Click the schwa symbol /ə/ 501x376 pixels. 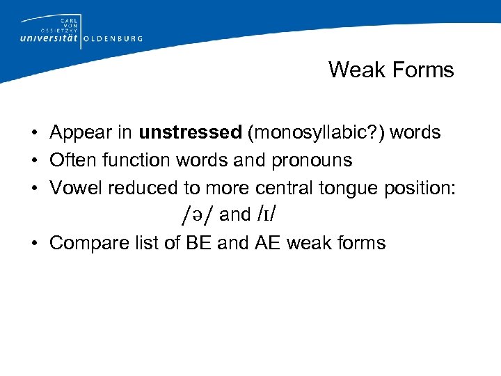(x=196, y=215)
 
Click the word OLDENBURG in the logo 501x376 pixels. (x=113, y=39)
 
